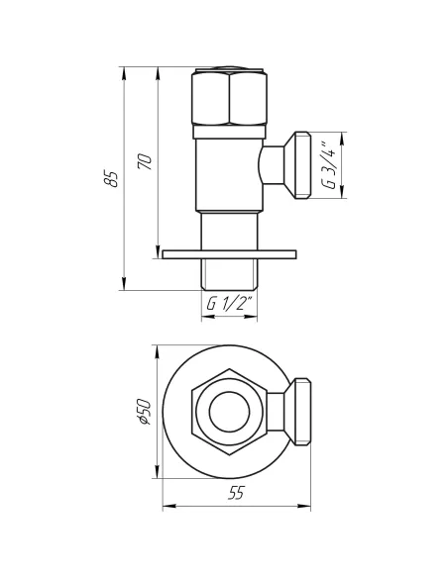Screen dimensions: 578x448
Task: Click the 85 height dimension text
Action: coord(112,178)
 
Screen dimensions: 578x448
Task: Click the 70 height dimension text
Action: coord(146,162)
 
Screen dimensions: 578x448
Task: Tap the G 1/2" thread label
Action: coord(230,304)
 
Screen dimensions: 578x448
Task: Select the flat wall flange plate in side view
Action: coord(229,255)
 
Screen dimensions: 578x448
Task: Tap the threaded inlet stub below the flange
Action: coord(229,276)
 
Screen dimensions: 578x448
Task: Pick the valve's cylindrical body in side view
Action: coord(229,173)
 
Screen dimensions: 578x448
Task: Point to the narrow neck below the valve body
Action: coord(229,232)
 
